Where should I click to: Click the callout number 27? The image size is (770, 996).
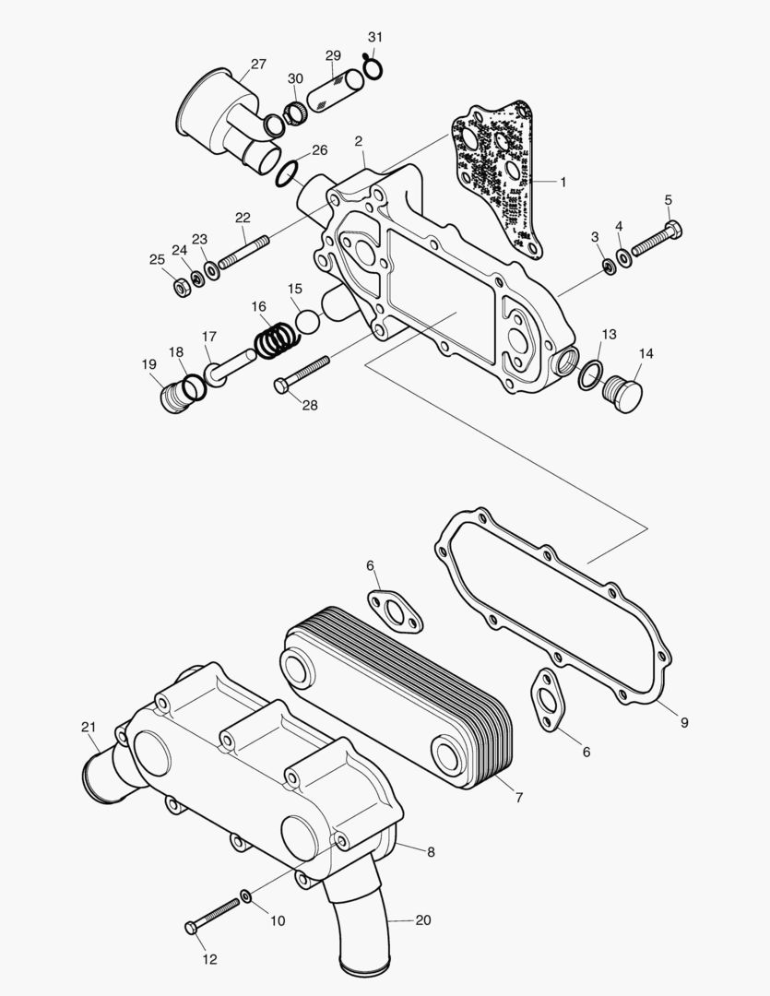258,65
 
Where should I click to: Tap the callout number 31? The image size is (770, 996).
374,37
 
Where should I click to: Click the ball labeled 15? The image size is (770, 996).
307,323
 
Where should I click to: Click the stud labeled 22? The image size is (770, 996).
243,253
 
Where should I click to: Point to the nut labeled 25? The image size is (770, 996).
182,287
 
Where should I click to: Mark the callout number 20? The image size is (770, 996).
423,920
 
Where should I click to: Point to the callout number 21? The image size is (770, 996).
89,727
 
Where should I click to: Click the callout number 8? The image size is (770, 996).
431,852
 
